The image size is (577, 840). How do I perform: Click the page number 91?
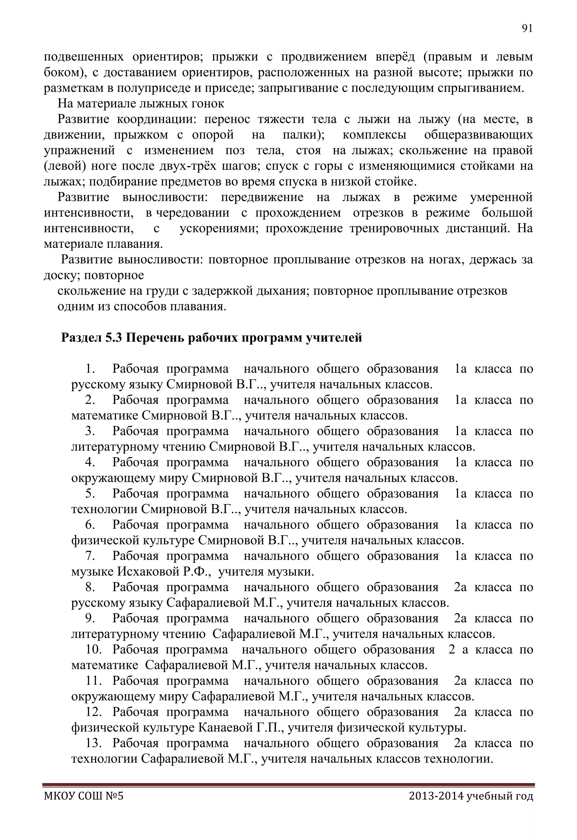(x=527, y=28)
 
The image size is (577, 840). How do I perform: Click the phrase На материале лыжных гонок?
(x=141, y=104)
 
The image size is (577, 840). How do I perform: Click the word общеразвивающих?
(x=478, y=135)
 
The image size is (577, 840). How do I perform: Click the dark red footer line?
(x=288, y=785)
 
